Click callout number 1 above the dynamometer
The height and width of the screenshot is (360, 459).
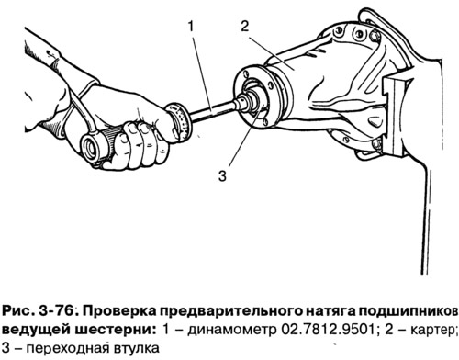(x=191, y=27)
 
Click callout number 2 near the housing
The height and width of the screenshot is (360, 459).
(x=245, y=27)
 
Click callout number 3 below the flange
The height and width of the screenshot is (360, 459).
(x=222, y=176)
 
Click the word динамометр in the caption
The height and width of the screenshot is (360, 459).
(x=231, y=330)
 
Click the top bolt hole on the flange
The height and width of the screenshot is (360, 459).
(x=246, y=73)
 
